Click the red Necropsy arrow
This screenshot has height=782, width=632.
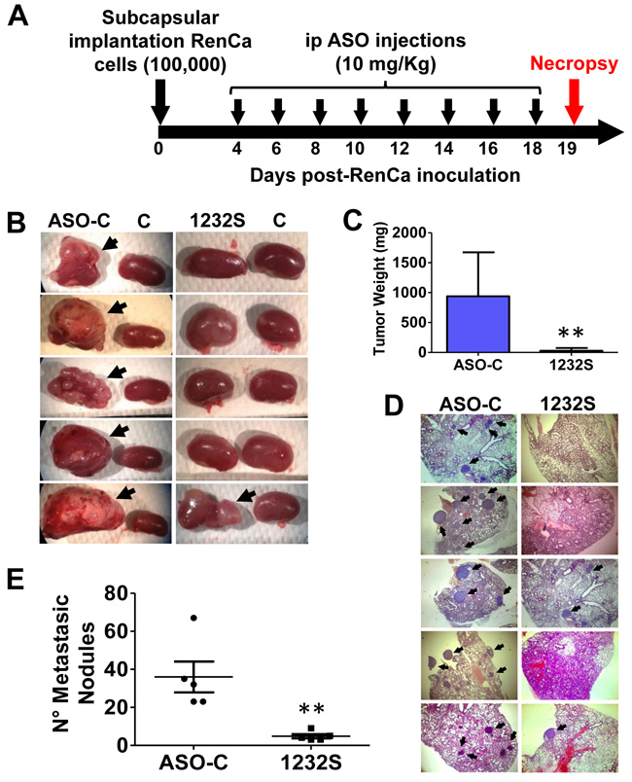pos(574,101)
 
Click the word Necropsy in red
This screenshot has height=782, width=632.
pos(574,63)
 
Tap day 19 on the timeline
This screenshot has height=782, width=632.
pos(567,149)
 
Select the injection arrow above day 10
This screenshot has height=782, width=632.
pos(361,111)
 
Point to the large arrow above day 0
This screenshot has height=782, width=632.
pos(160,101)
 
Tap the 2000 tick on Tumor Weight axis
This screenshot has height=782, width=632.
pos(409,232)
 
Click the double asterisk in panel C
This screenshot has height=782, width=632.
pos(571,333)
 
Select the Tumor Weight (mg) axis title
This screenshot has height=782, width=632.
pos(380,288)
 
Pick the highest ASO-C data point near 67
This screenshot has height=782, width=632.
pos(193,618)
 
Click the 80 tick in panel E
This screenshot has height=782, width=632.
pos(117,593)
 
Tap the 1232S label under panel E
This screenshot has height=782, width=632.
pos(311,764)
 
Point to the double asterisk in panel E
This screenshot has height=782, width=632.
pos(311,709)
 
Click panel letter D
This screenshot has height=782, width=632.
pos(394,406)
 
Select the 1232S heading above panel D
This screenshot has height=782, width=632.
pos(568,404)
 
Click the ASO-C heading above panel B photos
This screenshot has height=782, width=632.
pos(80,221)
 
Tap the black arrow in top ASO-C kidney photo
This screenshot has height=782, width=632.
pos(110,243)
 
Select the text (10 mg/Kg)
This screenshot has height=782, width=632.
pos(385,64)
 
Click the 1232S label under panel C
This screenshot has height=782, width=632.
pos(571,365)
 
